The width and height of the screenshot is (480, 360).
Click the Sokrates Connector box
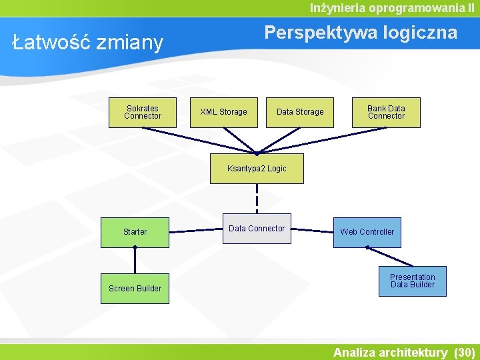pyautogui.click(x=142, y=112)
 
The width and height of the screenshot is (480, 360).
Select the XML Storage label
pyautogui.click(x=223, y=112)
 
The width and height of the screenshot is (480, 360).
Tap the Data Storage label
pyautogui.click(x=300, y=112)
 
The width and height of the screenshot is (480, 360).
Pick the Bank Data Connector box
pyautogui.click(x=386, y=112)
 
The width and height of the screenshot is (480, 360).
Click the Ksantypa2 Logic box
pyautogui.click(x=257, y=169)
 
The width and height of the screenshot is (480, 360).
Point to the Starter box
pyautogui.click(x=135, y=232)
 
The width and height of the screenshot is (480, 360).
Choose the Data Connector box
pyautogui.click(x=257, y=229)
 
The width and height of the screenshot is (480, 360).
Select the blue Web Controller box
pyautogui.click(x=367, y=232)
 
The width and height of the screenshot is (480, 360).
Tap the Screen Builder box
pyautogui.click(x=135, y=289)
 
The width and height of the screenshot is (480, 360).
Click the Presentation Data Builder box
pyautogui.click(x=412, y=281)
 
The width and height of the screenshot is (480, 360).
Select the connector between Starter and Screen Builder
pyautogui.click(x=135, y=261)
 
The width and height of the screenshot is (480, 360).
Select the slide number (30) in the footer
pyautogui.click(x=463, y=352)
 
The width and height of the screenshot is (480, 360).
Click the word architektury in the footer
pyautogui.click(x=415, y=352)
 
